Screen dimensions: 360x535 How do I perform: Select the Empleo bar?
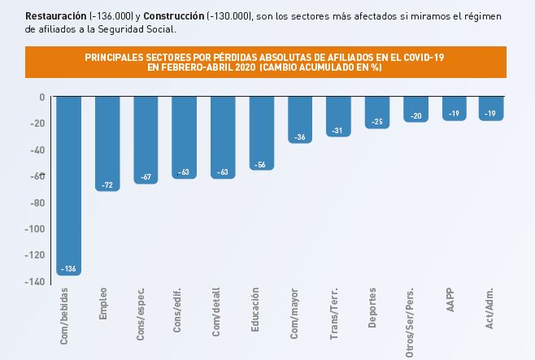(x=107, y=143)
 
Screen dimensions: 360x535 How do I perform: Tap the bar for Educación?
(x=261, y=132)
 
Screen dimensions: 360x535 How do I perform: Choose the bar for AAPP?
(x=454, y=108)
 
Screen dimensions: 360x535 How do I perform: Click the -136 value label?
(x=68, y=269)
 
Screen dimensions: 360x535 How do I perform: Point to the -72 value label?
(x=107, y=185)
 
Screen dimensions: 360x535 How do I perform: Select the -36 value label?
(x=299, y=137)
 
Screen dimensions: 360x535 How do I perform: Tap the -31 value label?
(x=338, y=131)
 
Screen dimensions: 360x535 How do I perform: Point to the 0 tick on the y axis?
(x=41, y=97)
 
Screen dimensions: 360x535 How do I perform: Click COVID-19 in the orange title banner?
(x=422, y=58)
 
